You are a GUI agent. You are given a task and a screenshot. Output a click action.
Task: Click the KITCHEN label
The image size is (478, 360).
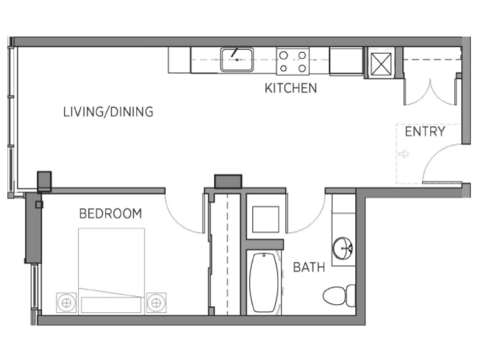pyautogui.click(x=290, y=88)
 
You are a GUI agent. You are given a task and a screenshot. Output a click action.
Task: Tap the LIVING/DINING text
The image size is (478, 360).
pyautogui.click(x=108, y=112)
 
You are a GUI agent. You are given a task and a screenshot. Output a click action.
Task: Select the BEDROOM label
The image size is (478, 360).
pyautogui.click(x=110, y=214)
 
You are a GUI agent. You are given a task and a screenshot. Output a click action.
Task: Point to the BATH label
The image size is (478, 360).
pyautogui.click(x=309, y=267)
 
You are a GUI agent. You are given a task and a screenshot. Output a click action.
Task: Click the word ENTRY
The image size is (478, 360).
pyautogui.click(x=425, y=132)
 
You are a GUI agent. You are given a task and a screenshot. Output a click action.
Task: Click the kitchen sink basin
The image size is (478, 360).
pyautogui.click(x=237, y=60)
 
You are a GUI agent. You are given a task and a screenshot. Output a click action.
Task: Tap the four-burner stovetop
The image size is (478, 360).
pyautogui.click(x=293, y=61)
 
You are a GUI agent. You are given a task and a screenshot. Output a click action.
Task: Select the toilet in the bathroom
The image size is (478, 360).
pyautogui.click(x=339, y=295)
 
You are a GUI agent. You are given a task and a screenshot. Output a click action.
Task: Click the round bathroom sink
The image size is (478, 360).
pyautogui.click(x=343, y=248)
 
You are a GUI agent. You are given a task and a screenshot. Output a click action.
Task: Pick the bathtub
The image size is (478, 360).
pyautogui.click(x=264, y=282)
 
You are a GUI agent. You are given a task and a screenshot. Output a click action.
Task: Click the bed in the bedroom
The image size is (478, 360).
pyautogui.click(x=111, y=271)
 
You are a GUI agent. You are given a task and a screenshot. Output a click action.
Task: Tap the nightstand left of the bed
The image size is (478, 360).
pyautogui.click(x=66, y=303)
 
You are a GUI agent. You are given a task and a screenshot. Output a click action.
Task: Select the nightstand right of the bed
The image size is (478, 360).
pyautogui.click(x=156, y=303)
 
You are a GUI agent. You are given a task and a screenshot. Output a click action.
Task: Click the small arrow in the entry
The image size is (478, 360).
pyautogui.click(x=403, y=154)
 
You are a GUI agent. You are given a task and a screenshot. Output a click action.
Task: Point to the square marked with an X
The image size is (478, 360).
pyautogui.click(x=381, y=64)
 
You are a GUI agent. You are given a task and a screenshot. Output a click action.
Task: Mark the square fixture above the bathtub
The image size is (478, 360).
pyautogui.click(x=265, y=219)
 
